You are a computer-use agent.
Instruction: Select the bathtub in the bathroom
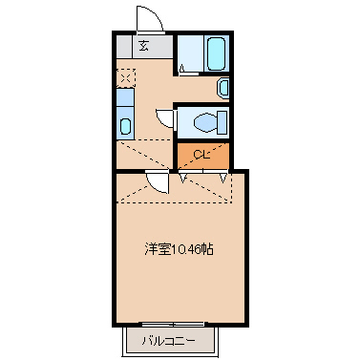214,53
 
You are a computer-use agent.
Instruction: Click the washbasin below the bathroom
224,88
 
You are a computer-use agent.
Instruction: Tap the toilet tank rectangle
223,122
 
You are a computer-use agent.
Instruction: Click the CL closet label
201,155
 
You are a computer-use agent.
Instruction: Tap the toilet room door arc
165,117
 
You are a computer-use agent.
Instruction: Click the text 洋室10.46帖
179,249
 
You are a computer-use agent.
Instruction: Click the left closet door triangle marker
181,175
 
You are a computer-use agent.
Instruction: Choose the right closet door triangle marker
224,175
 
